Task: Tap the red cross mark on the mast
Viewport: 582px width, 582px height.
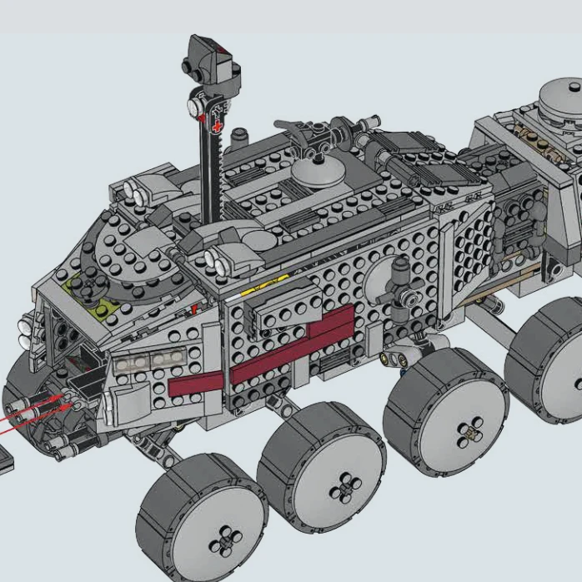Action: tap(218, 127)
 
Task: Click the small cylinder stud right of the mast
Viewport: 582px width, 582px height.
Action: tap(240, 134)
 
